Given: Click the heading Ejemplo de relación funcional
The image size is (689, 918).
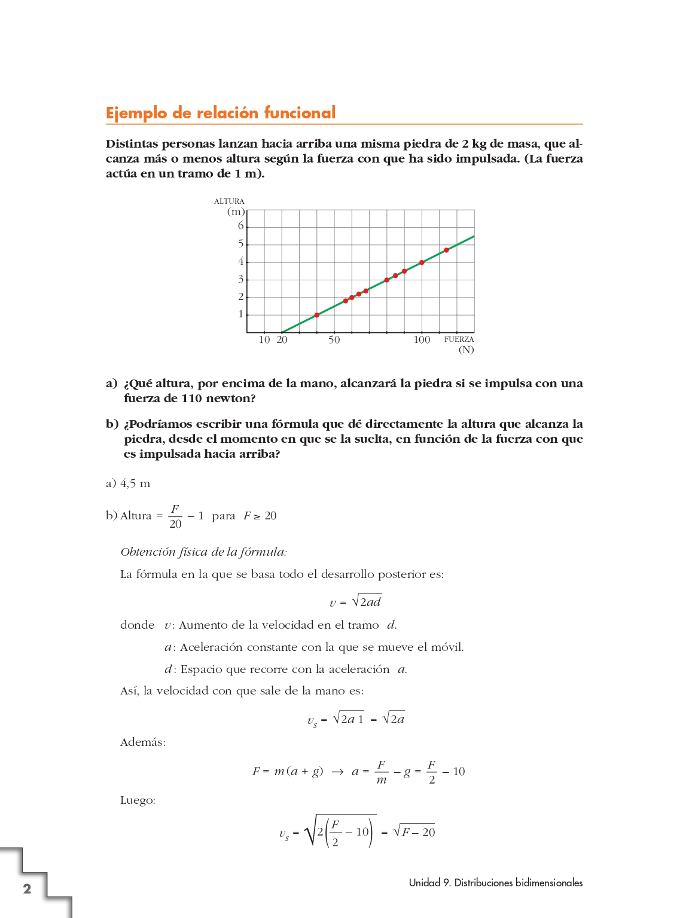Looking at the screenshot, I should pos(220,113).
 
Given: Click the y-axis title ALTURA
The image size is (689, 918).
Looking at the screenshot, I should pos(229,201).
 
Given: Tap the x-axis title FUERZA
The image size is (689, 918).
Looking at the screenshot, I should pos(459,339).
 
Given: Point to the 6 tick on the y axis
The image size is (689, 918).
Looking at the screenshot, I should pos(241,226).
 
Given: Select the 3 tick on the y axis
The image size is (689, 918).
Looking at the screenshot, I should pos(241,279).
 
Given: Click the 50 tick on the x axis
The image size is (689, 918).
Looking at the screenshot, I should pos(334,340).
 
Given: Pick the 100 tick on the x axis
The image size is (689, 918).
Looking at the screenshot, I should pos(422,340).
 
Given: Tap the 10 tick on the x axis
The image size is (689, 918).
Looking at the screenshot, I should pos(264,340).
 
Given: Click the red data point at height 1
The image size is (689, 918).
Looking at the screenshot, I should pos(317,315).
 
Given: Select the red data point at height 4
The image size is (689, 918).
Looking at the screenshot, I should pos(422,262).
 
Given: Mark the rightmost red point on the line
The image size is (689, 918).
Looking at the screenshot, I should pos(446,250).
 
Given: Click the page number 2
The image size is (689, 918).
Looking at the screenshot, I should pos(27,888).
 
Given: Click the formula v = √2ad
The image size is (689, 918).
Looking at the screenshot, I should pos(355,601).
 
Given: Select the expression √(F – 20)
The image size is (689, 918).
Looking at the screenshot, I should pos(414,831).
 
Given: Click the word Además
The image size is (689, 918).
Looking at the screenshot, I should pos(143,742).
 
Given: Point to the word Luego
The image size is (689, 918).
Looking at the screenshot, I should pos(138,800).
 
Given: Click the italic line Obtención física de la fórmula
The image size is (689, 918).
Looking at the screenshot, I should pos(203,552).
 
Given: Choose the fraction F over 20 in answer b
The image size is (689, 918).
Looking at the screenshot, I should pos(175,516).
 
